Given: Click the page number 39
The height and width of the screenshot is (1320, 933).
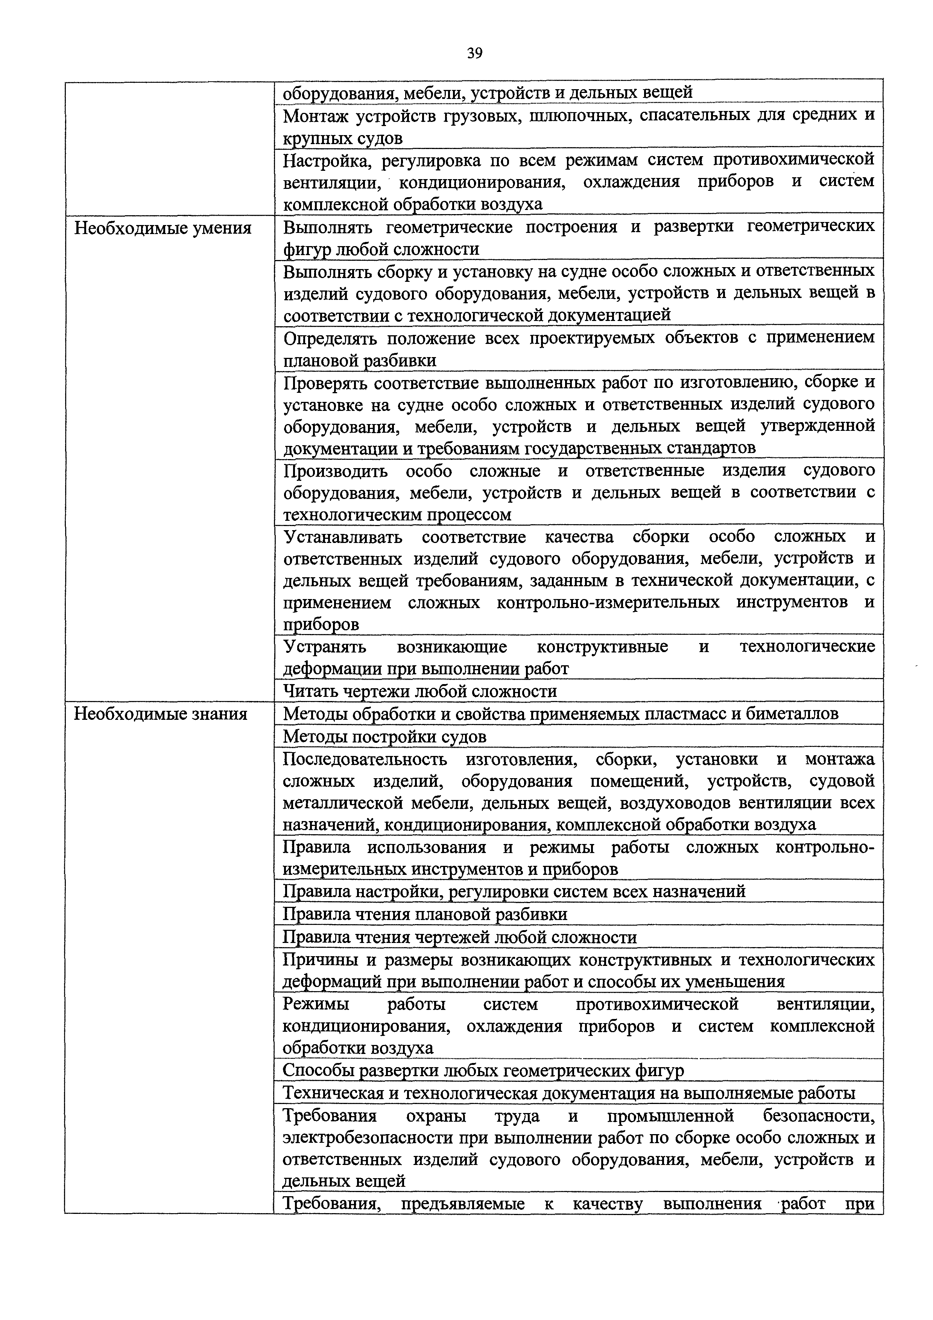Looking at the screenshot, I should click(474, 53).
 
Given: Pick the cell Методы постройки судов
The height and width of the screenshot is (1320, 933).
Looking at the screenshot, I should click(384, 736).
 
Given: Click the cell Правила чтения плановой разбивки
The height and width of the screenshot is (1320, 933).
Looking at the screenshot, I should click(425, 914).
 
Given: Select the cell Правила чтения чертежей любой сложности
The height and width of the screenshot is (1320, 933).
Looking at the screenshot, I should click(460, 937).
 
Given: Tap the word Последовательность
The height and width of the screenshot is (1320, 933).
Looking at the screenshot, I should click(365, 759).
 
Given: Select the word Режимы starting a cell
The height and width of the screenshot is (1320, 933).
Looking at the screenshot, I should click(316, 1004).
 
